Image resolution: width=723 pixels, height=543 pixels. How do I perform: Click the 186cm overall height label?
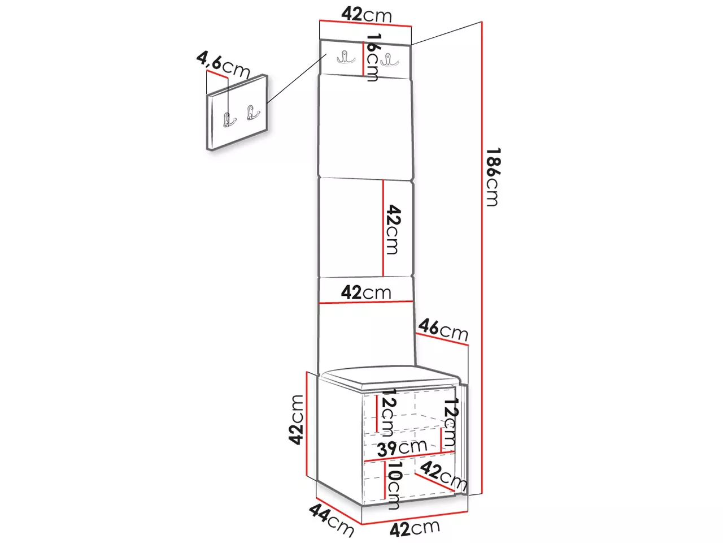point(492,176)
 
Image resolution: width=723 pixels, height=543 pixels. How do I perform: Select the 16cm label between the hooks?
point(372,57)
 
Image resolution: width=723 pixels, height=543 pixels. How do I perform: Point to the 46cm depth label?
point(443,329)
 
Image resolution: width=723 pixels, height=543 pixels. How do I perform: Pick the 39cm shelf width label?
point(402,448)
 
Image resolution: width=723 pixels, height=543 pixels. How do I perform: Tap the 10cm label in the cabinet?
point(394,485)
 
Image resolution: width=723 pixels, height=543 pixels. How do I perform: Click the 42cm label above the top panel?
point(367,14)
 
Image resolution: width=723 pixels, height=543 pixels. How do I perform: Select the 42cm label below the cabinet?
point(415,529)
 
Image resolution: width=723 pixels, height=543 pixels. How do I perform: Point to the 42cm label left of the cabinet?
point(296,419)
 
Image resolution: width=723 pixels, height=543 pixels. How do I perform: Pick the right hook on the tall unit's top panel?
point(387,59)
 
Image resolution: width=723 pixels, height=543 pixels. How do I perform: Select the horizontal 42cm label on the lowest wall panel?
point(366,292)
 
